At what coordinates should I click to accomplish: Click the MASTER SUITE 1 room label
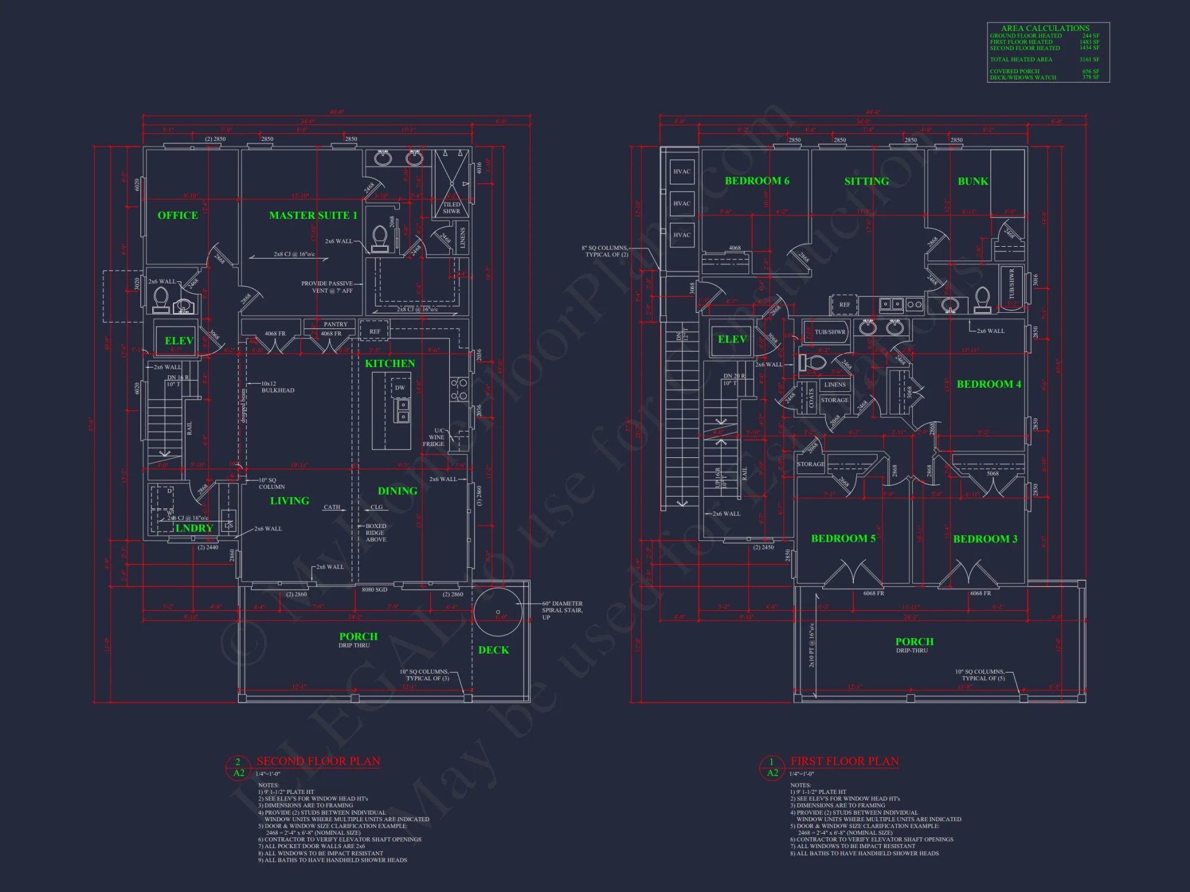pos(313,215)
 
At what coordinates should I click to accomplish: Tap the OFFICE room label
pos(177,215)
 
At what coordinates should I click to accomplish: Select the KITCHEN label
pos(390,363)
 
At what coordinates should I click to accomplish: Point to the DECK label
pos(493,650)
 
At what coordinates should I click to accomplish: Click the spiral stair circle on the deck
pos(498,612)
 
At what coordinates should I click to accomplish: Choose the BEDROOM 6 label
pos(757,181)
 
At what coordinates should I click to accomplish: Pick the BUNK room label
pos(973,181)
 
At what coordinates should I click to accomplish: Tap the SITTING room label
pos(866,181)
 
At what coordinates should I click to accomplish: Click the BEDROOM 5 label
pos(843,538)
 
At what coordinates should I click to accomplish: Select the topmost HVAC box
pos(682,171)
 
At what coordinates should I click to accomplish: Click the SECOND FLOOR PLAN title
pos(318,761)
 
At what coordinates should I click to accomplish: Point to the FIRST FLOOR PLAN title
pos(844,761)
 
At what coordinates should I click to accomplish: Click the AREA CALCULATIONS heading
pos(1045,28)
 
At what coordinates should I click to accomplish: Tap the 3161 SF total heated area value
pos(1089,59)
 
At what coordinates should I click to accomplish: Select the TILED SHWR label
pos(452,208)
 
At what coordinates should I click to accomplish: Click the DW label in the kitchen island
pos(400,388)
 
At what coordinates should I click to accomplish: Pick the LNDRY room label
pos(194,528)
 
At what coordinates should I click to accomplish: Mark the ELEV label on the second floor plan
pos(178,341)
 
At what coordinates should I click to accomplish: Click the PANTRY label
pos(336,324)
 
